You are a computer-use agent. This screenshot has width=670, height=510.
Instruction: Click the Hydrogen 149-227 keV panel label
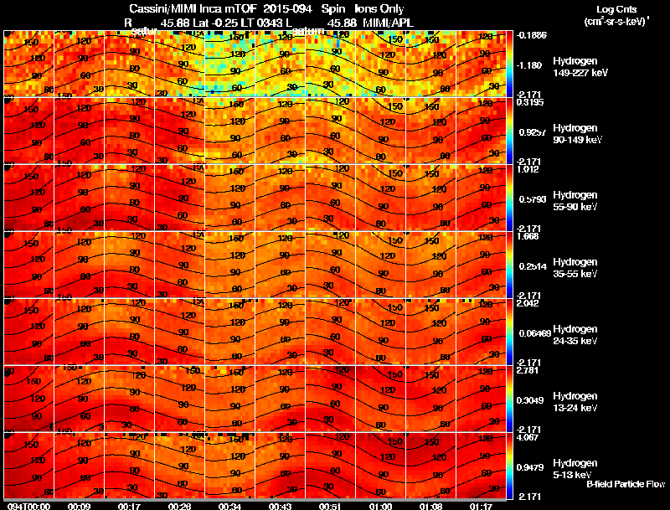(574, 67)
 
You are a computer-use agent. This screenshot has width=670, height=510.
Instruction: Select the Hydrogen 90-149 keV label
(574, 134)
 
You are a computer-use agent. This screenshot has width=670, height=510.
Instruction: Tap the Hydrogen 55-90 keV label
(574, 201)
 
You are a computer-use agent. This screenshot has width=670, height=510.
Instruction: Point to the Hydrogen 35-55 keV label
(574, 268)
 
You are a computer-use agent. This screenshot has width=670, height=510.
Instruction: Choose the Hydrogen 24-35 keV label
(574, 335)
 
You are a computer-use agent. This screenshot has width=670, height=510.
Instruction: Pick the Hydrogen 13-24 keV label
(574, 402)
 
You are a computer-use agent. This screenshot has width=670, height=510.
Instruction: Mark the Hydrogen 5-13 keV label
(574, 468)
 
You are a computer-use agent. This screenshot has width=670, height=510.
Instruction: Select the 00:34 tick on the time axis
(229, 505)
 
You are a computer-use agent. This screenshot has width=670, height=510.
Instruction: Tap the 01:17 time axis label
(482, 505)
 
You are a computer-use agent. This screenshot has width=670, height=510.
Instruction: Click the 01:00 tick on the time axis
(380, 505)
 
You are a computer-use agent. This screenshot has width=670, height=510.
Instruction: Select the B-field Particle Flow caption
(625, 484)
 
